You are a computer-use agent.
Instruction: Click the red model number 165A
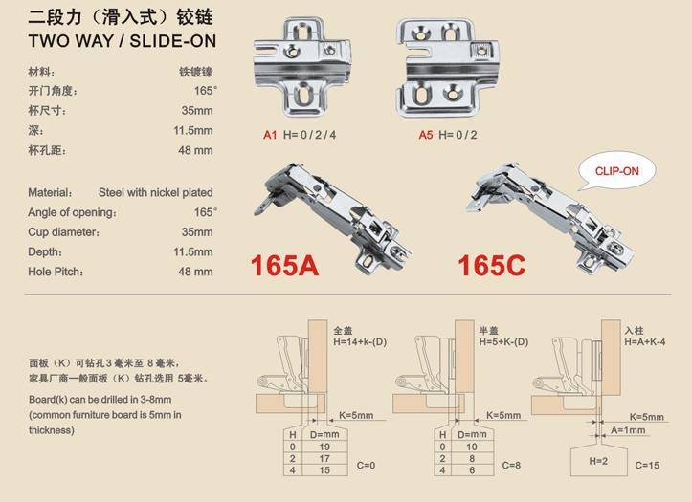(x=284, y=265)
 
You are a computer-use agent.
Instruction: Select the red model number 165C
(x=492, y=265)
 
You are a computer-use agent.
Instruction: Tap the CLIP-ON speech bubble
(x=617, y=171)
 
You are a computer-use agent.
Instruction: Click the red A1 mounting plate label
(x=270, y=135)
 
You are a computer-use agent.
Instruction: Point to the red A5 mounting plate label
(x=426, y=135)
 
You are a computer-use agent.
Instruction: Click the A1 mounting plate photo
(x=302, y=66)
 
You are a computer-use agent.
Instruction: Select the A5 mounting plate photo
(x=448, y=68)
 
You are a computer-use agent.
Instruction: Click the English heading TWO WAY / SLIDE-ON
(x=123, y=41)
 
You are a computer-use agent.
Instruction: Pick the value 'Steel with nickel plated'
(x=156, y=192)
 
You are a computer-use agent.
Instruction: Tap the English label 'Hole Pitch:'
(x=56, y=272)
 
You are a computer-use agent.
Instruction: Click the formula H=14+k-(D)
(x=360, y=342)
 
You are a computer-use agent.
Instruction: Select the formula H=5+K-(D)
(x=503, y=342)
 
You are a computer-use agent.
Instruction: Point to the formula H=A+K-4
(x=645, y=342)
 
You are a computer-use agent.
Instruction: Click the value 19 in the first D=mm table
(x=324, y=447)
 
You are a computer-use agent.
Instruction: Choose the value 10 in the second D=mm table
(x=472, y=447)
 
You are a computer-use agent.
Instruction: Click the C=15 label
(x=647, y=466)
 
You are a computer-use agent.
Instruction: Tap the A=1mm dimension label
(x=628, y=430)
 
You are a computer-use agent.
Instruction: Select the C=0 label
(x=366, y=466)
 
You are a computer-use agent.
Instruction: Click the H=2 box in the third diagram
(x=598, y=462)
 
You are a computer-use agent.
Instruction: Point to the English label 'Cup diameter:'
(x=63, y=232)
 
